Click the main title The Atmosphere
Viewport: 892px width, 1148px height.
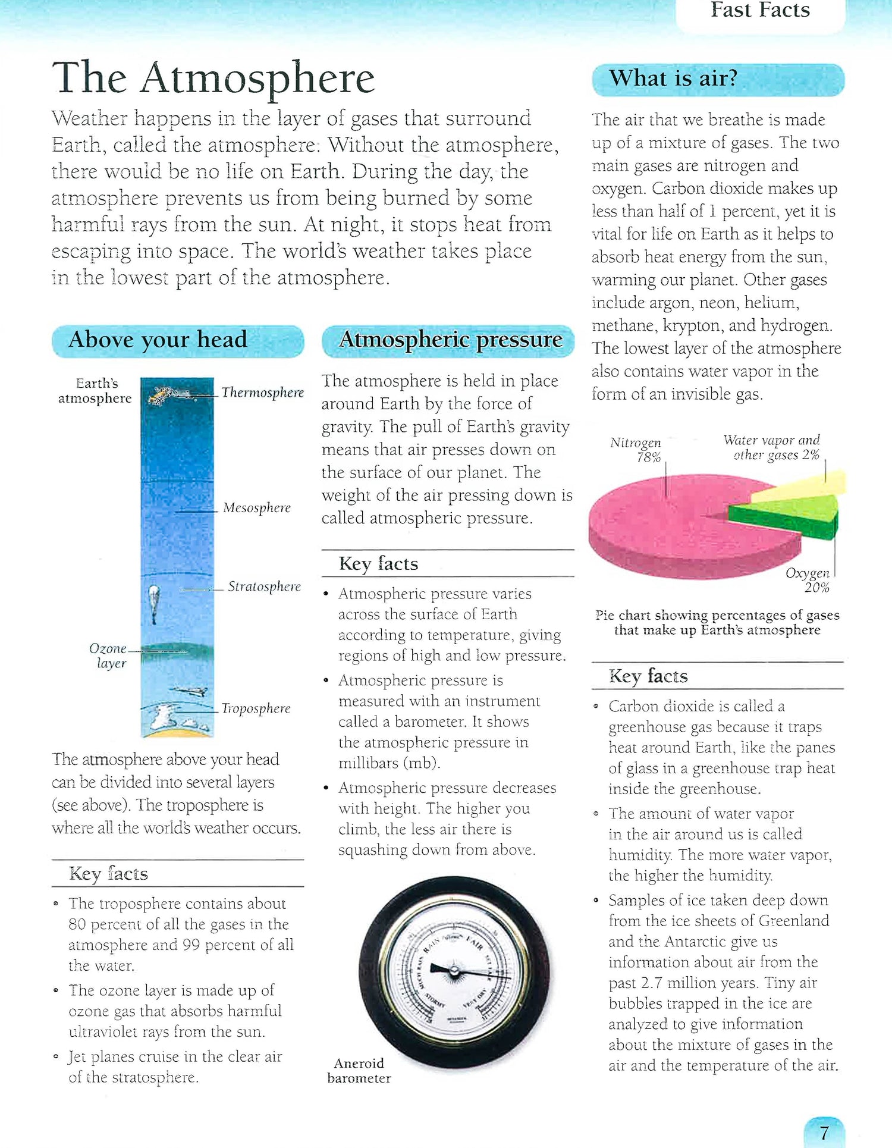213,78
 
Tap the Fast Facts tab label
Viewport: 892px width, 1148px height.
760,11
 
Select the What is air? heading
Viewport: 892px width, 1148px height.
673,79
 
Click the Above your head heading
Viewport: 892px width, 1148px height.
158,340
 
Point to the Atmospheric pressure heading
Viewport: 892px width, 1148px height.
450,340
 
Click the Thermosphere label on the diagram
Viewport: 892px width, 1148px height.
262,393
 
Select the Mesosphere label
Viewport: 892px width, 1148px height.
257,508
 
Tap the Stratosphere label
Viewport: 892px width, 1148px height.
264,586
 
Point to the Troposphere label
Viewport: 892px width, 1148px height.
256,708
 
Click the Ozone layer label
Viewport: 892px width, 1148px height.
109,655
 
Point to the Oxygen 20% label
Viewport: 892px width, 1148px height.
808,580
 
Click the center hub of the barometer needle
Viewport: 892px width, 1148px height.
454,972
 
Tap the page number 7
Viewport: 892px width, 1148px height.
824,1133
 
